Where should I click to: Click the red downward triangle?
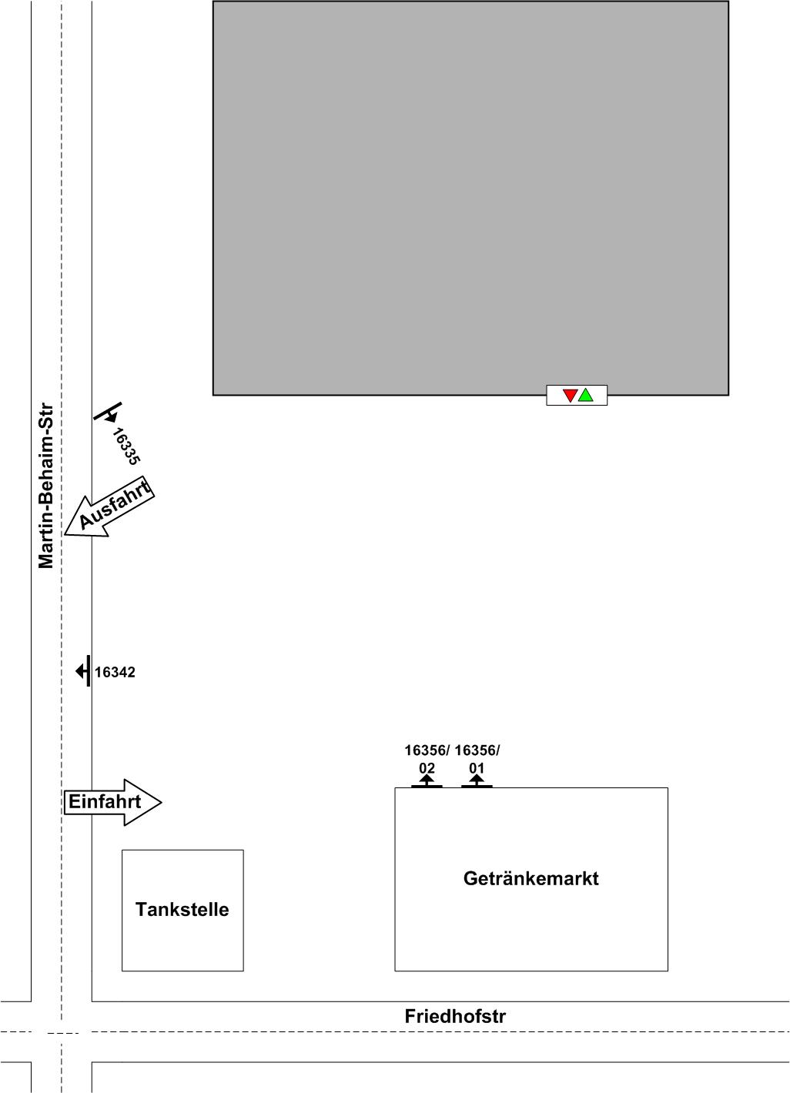point(570,396)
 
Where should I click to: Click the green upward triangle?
point(586,396)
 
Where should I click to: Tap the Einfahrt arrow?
point(112,802)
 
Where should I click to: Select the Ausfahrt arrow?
point(110,507)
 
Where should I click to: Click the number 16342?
point(115,673)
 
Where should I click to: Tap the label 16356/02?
point(427,759)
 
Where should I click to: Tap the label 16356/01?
point(477,759)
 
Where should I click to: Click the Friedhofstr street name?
point(455,1017)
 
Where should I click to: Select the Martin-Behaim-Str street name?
point(47,486)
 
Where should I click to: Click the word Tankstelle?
point(182,910)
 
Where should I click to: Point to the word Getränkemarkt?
point(531,879)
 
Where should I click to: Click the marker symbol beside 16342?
point(83,671)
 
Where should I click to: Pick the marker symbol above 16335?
point(109,413)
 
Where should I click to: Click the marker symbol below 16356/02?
point(427,782)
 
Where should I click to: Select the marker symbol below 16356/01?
point(477,782)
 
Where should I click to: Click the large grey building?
point(470,198)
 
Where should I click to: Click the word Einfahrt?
point(105,802)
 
